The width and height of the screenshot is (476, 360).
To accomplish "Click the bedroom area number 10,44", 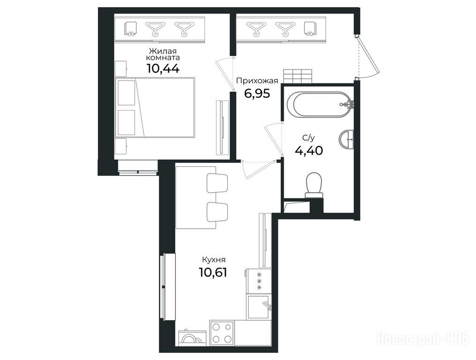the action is (163, 68).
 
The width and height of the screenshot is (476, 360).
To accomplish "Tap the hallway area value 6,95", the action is (257, 94).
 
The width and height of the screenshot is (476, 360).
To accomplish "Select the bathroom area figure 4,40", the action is (309, 150).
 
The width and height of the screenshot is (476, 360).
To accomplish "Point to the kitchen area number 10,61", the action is (213, 272).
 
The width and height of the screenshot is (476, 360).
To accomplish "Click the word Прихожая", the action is (257, 81).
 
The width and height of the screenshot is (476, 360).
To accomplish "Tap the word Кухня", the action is (214, 260).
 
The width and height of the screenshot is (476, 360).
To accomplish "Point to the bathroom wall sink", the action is (346, 139).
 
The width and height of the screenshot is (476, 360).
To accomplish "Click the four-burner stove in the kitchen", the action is (222, 333).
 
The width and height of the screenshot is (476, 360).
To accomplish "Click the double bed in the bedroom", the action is (155, 107).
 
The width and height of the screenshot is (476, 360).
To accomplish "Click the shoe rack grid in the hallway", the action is (298, 76).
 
